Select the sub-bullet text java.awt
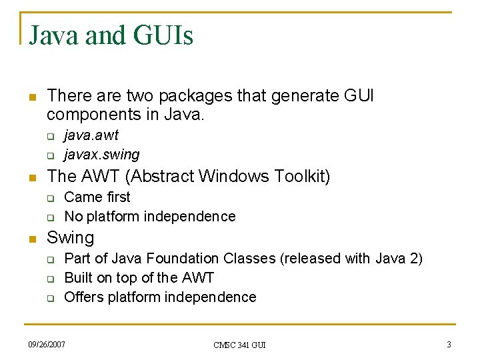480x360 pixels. point(91,135)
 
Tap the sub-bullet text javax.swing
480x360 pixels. point(101,155)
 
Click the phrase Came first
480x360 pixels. point(97,197)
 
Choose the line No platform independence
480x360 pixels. point(149,216)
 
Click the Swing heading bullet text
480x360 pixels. point(71,237)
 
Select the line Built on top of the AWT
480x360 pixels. point(139,277)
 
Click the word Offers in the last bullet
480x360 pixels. point(82,297)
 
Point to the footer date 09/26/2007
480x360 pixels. point(47,344)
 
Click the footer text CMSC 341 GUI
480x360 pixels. point(239,345)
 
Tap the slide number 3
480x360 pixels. point(449,344)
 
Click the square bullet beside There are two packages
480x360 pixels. point(31,97)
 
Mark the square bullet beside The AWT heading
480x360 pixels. point(31,178)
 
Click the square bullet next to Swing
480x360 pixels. point(31,239)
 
